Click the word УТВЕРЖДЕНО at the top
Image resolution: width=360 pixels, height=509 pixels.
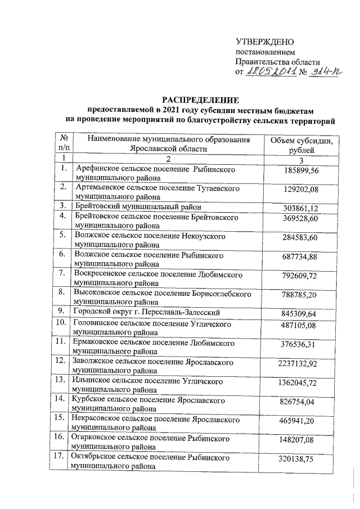pos(264,43)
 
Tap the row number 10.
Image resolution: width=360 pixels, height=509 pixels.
pos(58,325)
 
